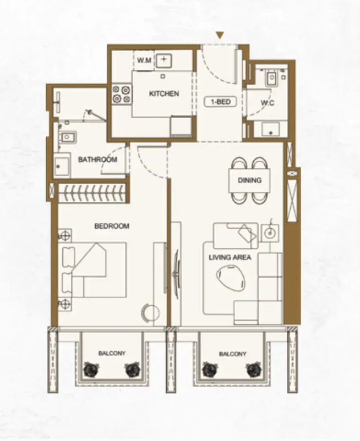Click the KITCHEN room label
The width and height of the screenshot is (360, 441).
(x=164, y=93)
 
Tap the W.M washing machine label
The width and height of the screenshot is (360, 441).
(x=144, y=60)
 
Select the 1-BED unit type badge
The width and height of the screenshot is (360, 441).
(x=220, y=102)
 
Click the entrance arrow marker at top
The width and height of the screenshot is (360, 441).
(x=220, y=35)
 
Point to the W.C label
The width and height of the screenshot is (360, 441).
(x=268, y=103)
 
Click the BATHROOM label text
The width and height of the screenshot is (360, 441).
(x=97, y=159)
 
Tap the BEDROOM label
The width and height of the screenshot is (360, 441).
(x=112, y=226)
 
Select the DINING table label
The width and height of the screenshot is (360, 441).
(x=250, y=180)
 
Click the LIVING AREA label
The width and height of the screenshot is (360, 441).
(x=230, y=257)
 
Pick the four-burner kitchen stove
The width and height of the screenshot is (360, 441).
(x=122, y=94)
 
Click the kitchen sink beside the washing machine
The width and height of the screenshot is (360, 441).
(x=164, y=60)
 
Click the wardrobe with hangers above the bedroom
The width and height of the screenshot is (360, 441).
(x=91, y=193)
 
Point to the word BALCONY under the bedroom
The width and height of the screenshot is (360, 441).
(x=112, y=353)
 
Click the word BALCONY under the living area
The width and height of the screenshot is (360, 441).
(x=232, y=354)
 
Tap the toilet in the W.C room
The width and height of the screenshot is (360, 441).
(x=271, y=78)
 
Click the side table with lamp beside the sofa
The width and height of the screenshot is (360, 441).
(x=270, y=233)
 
